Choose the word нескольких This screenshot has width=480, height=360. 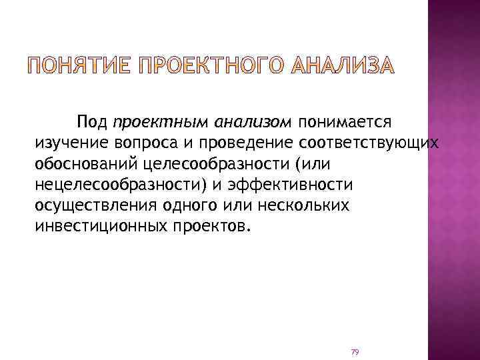coord(292,205)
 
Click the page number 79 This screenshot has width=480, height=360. coord(355,351)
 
